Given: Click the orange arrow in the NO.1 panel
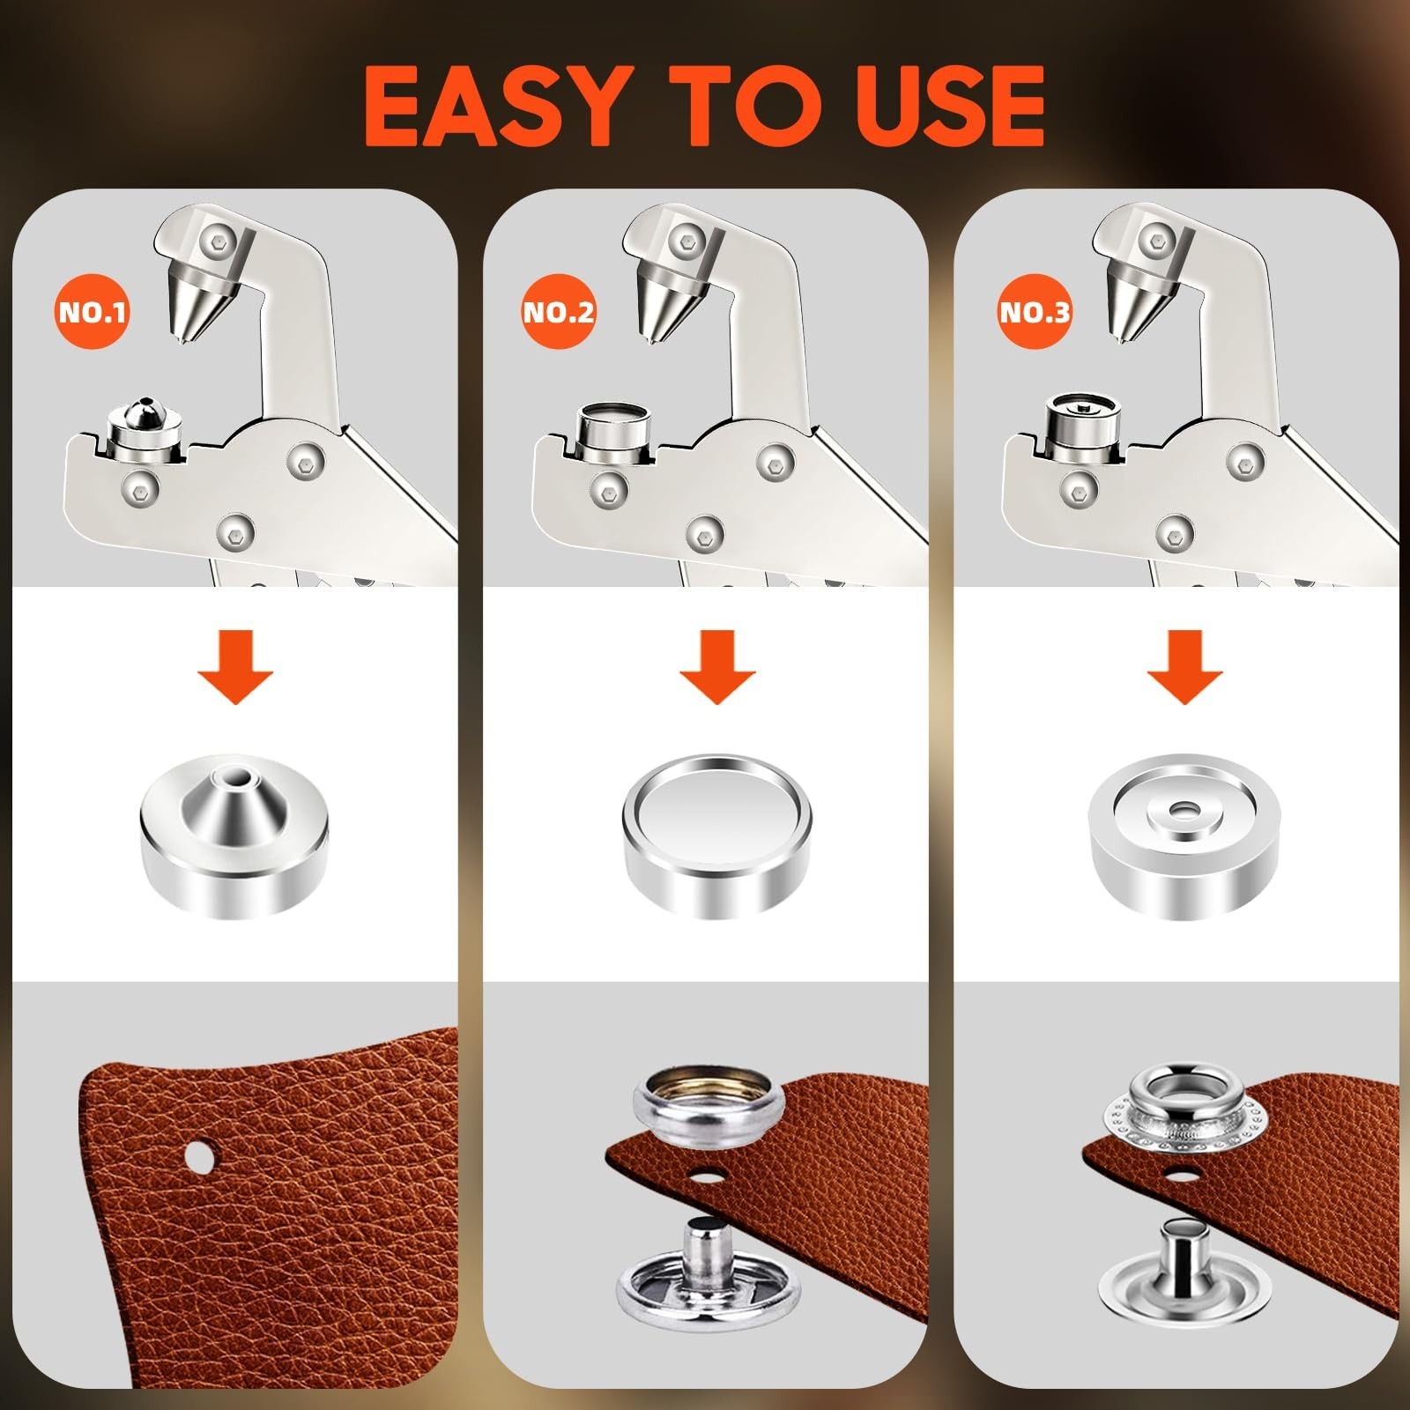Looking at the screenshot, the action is coord(235,666).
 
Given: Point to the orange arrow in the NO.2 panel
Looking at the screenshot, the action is coord(717,666).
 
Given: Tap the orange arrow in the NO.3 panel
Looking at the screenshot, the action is coord(1184,666).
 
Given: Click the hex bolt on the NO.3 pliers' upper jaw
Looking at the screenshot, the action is coord(1153,236).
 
